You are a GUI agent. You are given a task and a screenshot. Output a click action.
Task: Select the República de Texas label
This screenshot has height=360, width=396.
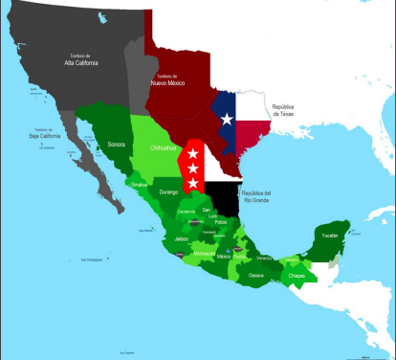click(x=291, y=109)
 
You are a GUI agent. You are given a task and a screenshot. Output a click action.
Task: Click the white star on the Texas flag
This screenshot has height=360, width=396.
click(x=227, y=119)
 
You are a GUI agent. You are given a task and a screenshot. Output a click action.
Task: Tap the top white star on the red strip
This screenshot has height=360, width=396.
click(x=192, y=153)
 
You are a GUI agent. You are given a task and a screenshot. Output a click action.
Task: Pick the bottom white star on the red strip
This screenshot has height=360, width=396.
click(x=192, y=183)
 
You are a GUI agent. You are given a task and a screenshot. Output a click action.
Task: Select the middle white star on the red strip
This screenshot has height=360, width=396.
click(x=192, y=169)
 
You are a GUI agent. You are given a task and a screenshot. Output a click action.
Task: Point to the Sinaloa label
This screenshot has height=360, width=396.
click(x=140, y=183)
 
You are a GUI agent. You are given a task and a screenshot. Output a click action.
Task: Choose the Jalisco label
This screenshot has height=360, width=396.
click(x=182, y=238)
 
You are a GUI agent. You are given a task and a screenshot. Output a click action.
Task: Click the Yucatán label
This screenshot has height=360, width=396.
click(x=328, y=236)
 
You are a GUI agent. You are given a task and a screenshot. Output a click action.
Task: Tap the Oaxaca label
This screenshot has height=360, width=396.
click(x=256, y=275)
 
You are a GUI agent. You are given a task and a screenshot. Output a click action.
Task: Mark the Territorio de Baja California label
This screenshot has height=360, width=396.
click(x=46, y=135)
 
